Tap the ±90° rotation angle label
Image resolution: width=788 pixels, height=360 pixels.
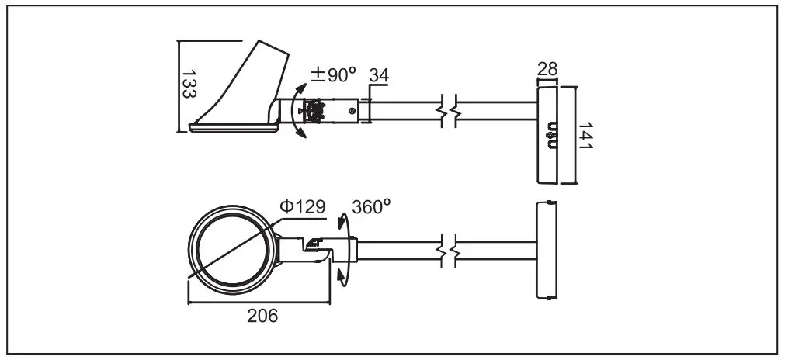coord(333,75)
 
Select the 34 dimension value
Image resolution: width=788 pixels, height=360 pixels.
coord(379,75)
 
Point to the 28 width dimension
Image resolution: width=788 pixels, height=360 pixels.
coord(547,70)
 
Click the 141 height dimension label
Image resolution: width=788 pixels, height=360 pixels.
coord(585,136)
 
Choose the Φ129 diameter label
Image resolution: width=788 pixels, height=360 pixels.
coord(303,207)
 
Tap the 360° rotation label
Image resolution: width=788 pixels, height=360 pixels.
coord(371,207)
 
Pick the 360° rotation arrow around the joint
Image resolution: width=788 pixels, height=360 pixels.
coord(343,251)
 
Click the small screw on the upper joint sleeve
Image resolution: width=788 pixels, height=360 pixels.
coord(352,112)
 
